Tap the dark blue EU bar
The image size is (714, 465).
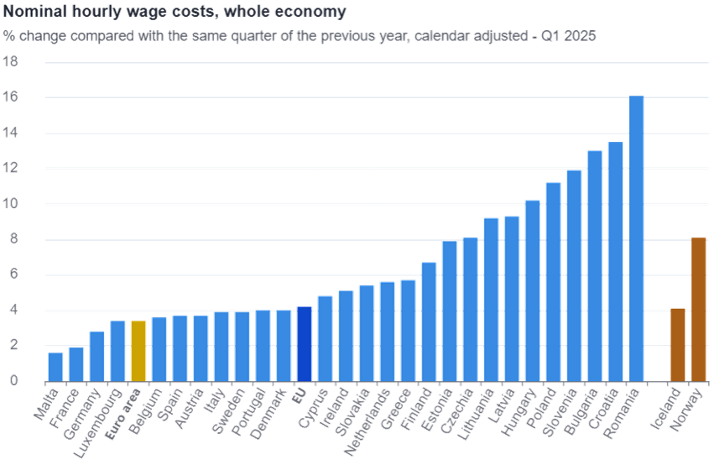click(x=304, y=343)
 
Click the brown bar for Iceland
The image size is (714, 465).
click(x=677, y=344)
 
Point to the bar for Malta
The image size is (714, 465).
click(x=55, y=366)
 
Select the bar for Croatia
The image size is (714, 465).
click(x=615, y=261)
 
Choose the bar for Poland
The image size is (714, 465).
click(x=553, y=281)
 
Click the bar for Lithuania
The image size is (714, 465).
click(x=491, y=299)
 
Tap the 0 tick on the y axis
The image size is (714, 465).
click(x=13, y=381)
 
